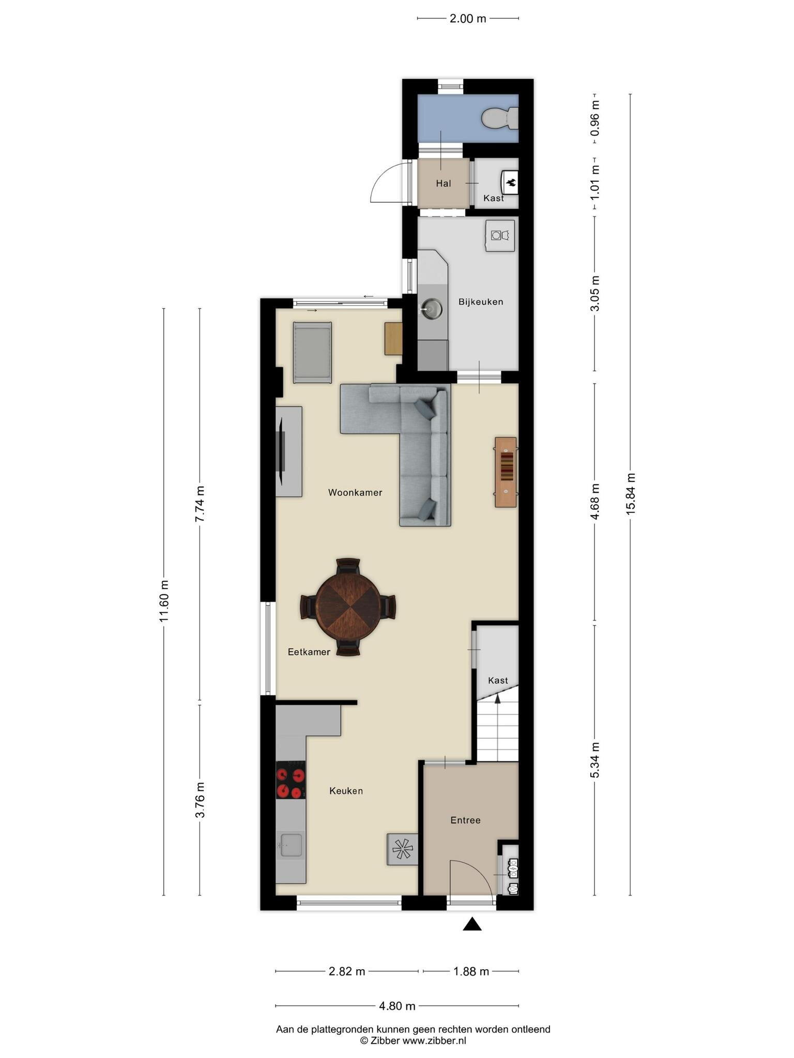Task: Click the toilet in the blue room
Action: (500, 118)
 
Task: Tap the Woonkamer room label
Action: (355, 493)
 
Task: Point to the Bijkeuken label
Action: (481, 302)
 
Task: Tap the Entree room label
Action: (465, 820)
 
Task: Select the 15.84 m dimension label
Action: (630, 494)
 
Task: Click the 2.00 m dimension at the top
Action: (468, 19)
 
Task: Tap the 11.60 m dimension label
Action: (164, 602)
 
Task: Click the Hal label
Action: (444, 183)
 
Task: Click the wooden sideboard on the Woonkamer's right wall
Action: (506, 472)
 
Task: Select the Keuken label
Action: (346, 790)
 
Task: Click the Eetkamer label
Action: (309, 652)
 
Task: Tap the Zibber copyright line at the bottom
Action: (413, 1040)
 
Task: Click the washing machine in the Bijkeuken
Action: (500, 236)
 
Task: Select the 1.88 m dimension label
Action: (471, 971)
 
